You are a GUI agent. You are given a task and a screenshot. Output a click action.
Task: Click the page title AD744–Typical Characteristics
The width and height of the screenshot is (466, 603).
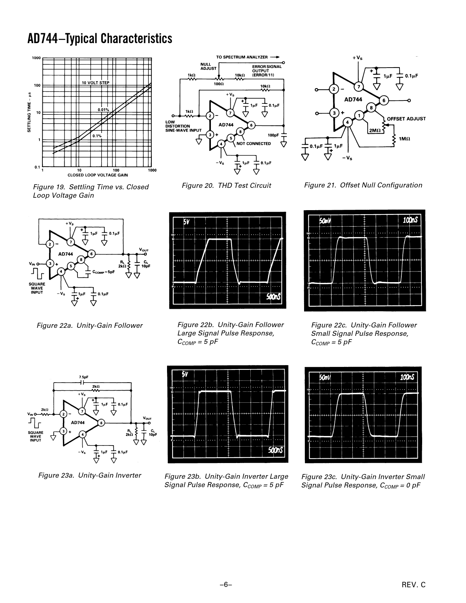tap(100, 38)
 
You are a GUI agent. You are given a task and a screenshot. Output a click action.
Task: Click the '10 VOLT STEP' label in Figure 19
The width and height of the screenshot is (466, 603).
tap(95, 83)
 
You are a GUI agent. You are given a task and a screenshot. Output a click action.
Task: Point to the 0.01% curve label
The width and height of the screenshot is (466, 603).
tap(103, 110)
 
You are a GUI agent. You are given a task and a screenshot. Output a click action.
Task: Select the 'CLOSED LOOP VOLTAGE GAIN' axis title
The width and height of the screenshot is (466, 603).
tap(97, 175)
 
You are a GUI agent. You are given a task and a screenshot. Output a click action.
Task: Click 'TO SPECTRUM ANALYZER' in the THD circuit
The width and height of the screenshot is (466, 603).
tap(242, 57)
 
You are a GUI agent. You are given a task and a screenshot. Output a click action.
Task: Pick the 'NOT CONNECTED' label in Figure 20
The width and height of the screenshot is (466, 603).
tap(254, 144)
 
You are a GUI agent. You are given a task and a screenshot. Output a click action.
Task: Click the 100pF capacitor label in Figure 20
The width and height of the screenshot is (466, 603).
tap(273, 135)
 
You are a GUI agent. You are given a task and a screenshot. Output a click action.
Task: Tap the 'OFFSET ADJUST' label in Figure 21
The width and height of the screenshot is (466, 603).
tap(406, 119)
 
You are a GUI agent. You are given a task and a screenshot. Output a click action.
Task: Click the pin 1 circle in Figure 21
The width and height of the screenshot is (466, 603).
tap(359, 116)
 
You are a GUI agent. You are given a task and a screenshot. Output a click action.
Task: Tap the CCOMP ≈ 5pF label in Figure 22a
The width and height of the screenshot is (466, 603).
tap(103, 272)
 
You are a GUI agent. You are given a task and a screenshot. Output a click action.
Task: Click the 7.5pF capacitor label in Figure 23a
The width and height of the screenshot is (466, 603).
tap(83, 377)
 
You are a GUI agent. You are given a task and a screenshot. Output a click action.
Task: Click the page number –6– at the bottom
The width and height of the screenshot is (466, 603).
tap(226, 585)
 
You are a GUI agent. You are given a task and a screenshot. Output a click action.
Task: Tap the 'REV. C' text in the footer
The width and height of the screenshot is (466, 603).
tap(414, 585)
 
